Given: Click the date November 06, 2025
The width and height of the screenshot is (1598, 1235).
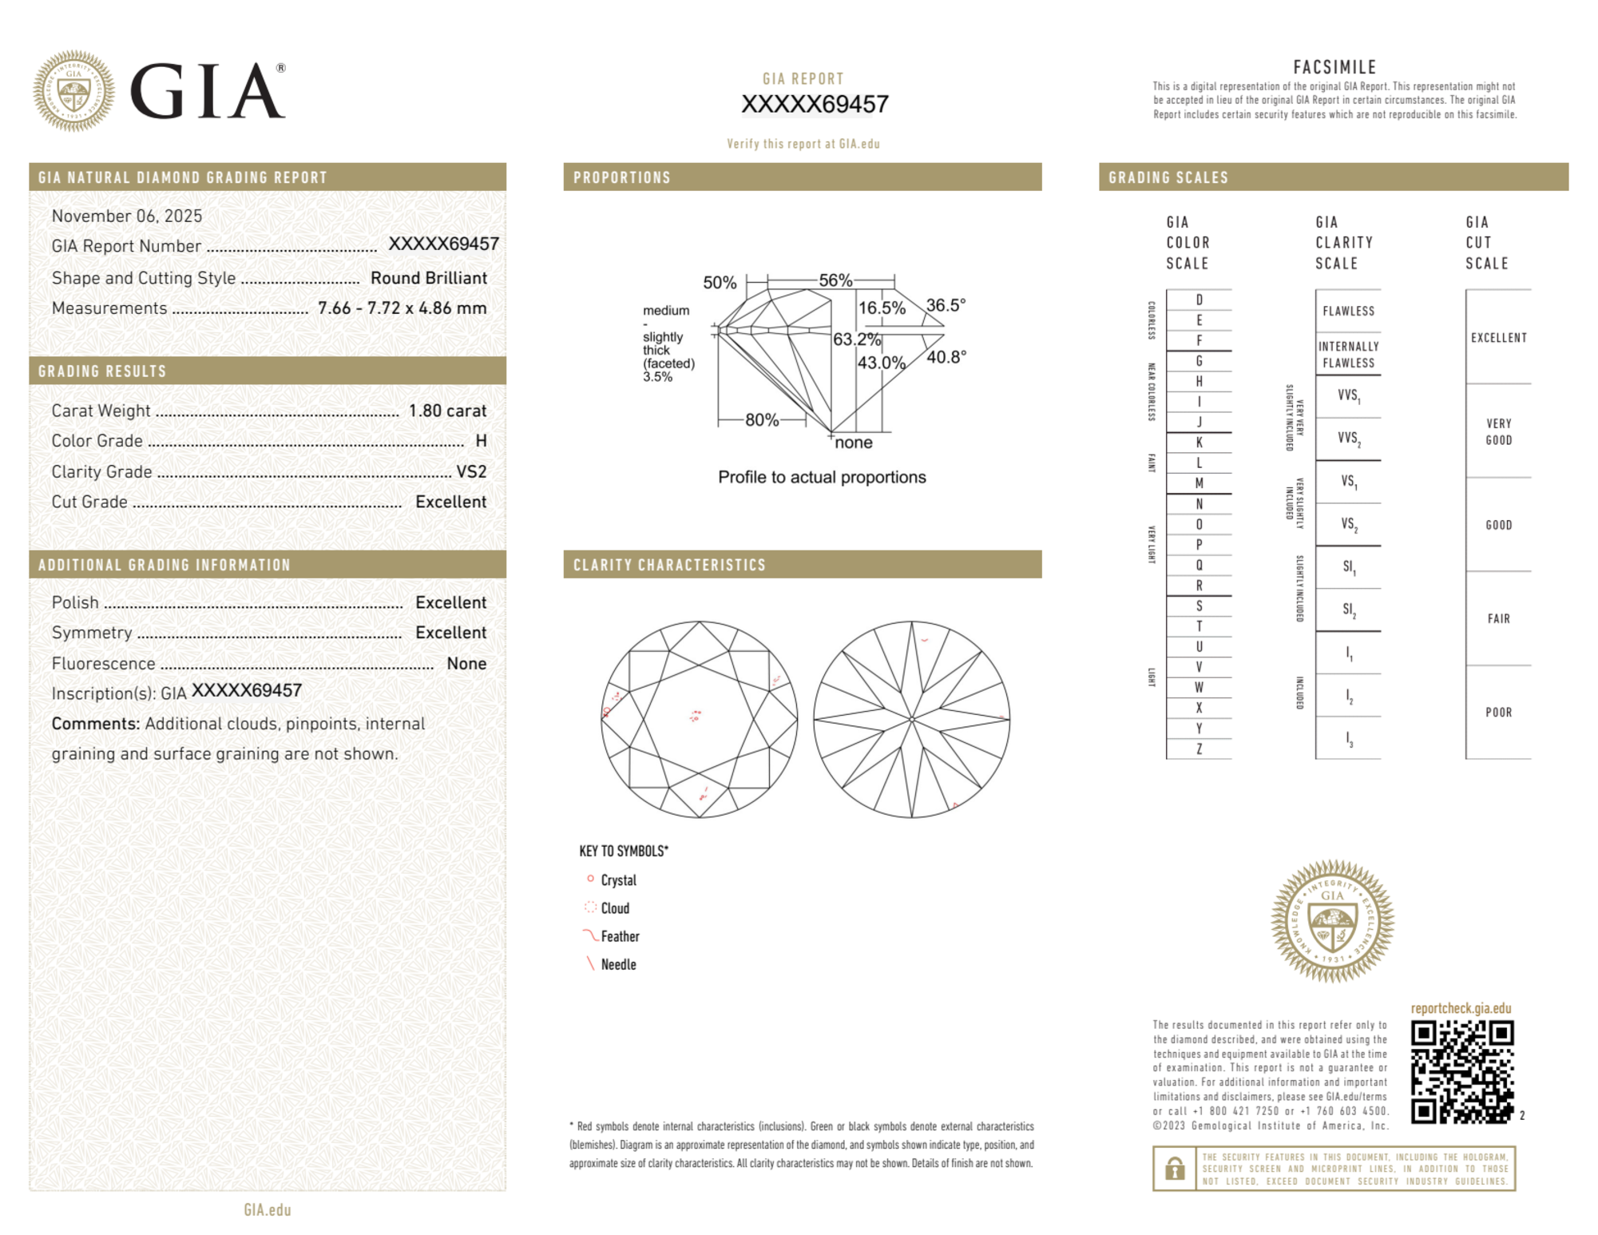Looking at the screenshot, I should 126,216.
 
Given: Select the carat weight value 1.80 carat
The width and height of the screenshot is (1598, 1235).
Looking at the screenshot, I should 447,411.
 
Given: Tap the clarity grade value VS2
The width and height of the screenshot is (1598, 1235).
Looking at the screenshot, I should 471,471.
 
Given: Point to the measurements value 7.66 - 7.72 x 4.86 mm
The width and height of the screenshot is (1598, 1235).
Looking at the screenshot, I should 402,308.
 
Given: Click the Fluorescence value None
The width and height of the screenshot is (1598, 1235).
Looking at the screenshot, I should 466,663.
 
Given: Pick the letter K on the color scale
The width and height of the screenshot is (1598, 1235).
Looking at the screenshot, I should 1199,443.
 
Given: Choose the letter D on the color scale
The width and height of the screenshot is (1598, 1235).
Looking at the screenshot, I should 1199,300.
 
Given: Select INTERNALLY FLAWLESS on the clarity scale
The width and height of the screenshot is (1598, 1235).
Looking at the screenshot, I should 1348,355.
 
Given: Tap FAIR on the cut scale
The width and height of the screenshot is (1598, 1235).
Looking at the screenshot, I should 1498,618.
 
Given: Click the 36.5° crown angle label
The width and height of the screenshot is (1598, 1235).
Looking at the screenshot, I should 946,305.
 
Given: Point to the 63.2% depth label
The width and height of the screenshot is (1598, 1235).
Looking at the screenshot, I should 856,340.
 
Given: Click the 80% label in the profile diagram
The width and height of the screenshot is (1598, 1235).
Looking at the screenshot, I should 761,420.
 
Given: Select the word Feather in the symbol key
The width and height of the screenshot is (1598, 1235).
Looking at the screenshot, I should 620,936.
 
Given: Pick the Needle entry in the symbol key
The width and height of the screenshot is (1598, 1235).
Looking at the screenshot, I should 618,964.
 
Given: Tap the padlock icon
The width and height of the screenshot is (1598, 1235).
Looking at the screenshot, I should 1174,1169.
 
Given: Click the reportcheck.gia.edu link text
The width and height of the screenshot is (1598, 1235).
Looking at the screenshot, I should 1461,1008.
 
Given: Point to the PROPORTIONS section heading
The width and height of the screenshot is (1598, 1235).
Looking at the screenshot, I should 621,177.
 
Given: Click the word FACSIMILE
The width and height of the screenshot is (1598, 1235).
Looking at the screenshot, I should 1334,67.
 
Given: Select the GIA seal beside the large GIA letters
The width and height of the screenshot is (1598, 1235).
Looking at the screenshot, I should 73,91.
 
